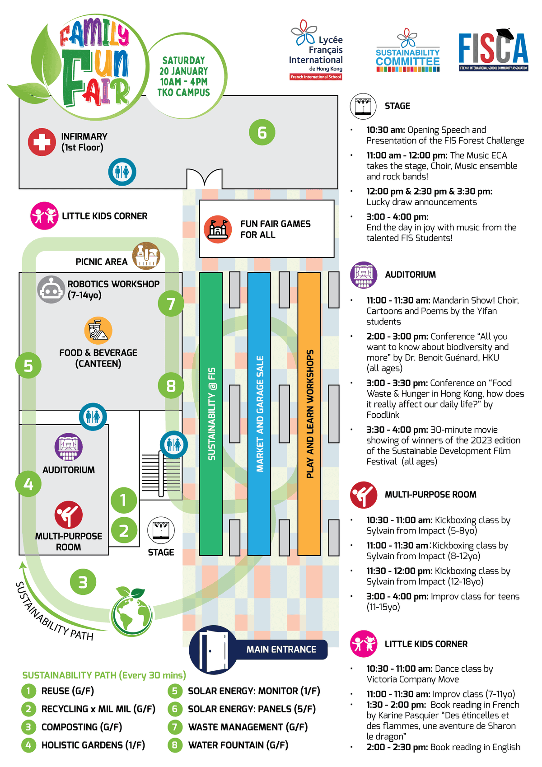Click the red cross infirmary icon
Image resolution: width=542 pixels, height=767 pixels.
tap(42, 142)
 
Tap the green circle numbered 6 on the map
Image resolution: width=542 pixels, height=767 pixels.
tap(262, 132)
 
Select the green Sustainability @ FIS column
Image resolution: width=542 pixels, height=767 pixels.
tap(211, 413)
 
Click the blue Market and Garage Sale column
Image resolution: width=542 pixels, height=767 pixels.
tap(259, 413)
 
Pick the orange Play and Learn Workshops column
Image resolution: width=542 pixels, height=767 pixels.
tap(309, 413)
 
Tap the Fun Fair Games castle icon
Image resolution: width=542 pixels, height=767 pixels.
tap(218, 229)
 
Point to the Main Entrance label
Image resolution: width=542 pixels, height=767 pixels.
tap(281, 650)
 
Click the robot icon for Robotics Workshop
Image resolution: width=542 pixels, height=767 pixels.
tap(51, 290)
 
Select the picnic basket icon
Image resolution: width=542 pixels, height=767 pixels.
tap(146, 256)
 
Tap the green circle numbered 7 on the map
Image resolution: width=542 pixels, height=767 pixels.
tap(171, 304)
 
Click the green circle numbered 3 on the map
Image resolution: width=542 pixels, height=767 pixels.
tap(83, 582)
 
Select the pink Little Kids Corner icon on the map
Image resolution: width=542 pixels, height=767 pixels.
tap(44, 216)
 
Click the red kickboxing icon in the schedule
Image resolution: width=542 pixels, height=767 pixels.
tap(364, 495)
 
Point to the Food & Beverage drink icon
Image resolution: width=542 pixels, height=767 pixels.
tap(98, 331)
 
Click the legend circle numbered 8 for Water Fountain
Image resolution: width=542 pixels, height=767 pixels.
tap(174, 745)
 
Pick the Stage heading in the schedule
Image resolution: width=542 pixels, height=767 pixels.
tap(397, 106)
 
